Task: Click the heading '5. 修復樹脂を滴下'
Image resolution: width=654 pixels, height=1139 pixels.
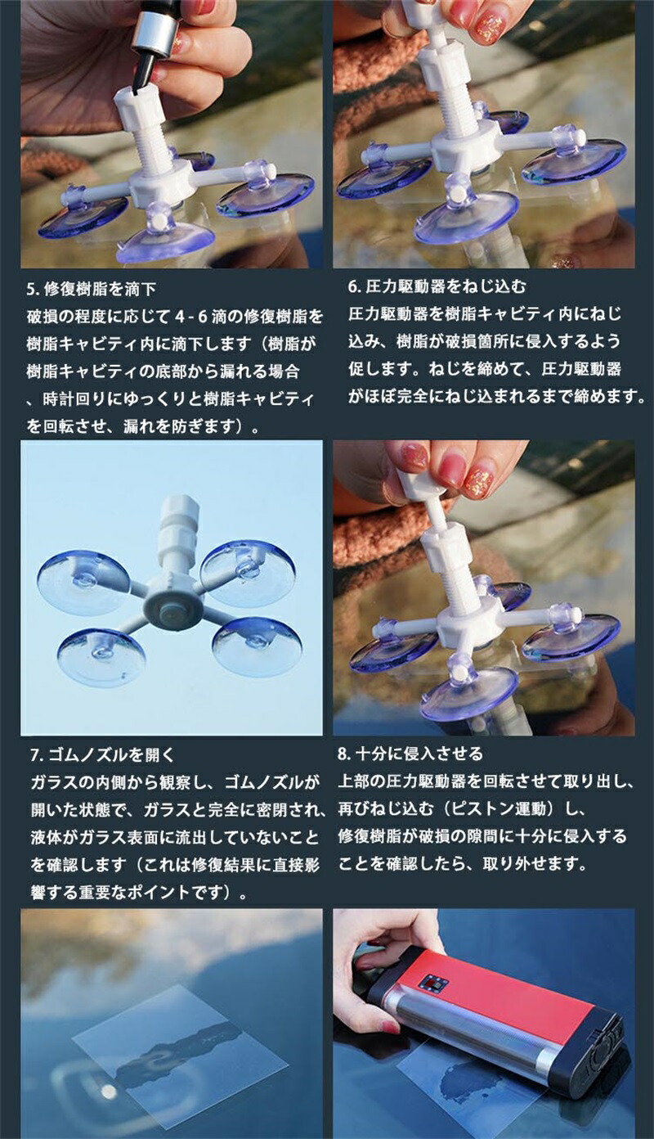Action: pyautogui.click(x=92, y=290)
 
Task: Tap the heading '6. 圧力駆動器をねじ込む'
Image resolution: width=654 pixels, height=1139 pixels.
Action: pyautogui.click(x=437, y=286)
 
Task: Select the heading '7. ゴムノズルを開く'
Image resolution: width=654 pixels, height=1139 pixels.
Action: pyautogui.click(x=102, y=755)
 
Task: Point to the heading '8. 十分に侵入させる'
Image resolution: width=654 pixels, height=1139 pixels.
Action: pyautogui.click(x=410, y=753)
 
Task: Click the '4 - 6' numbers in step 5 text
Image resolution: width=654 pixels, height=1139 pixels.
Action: pyautogui.click(x=191, y=317)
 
